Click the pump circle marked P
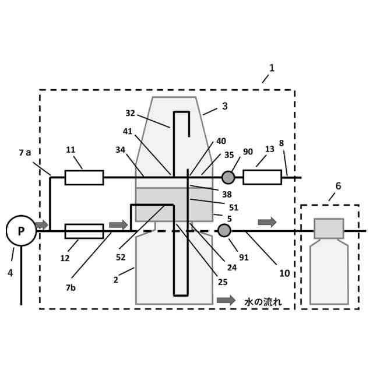point(21,231)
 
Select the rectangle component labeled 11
point(84,177)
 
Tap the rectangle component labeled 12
point(84,231)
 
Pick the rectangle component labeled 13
point(262,177)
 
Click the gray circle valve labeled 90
point(228,177)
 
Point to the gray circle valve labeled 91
point(224,231)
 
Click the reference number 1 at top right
point(272,68)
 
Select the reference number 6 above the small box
point(338,186)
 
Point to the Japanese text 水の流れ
point(263,301)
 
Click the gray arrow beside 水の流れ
point(226,301)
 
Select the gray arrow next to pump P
point(41,224)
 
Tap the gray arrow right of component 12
point(118,224)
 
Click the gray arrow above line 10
point(267,222)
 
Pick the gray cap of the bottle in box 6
point(329,228)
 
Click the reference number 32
point(130,113)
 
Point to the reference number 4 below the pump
point(10,272)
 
